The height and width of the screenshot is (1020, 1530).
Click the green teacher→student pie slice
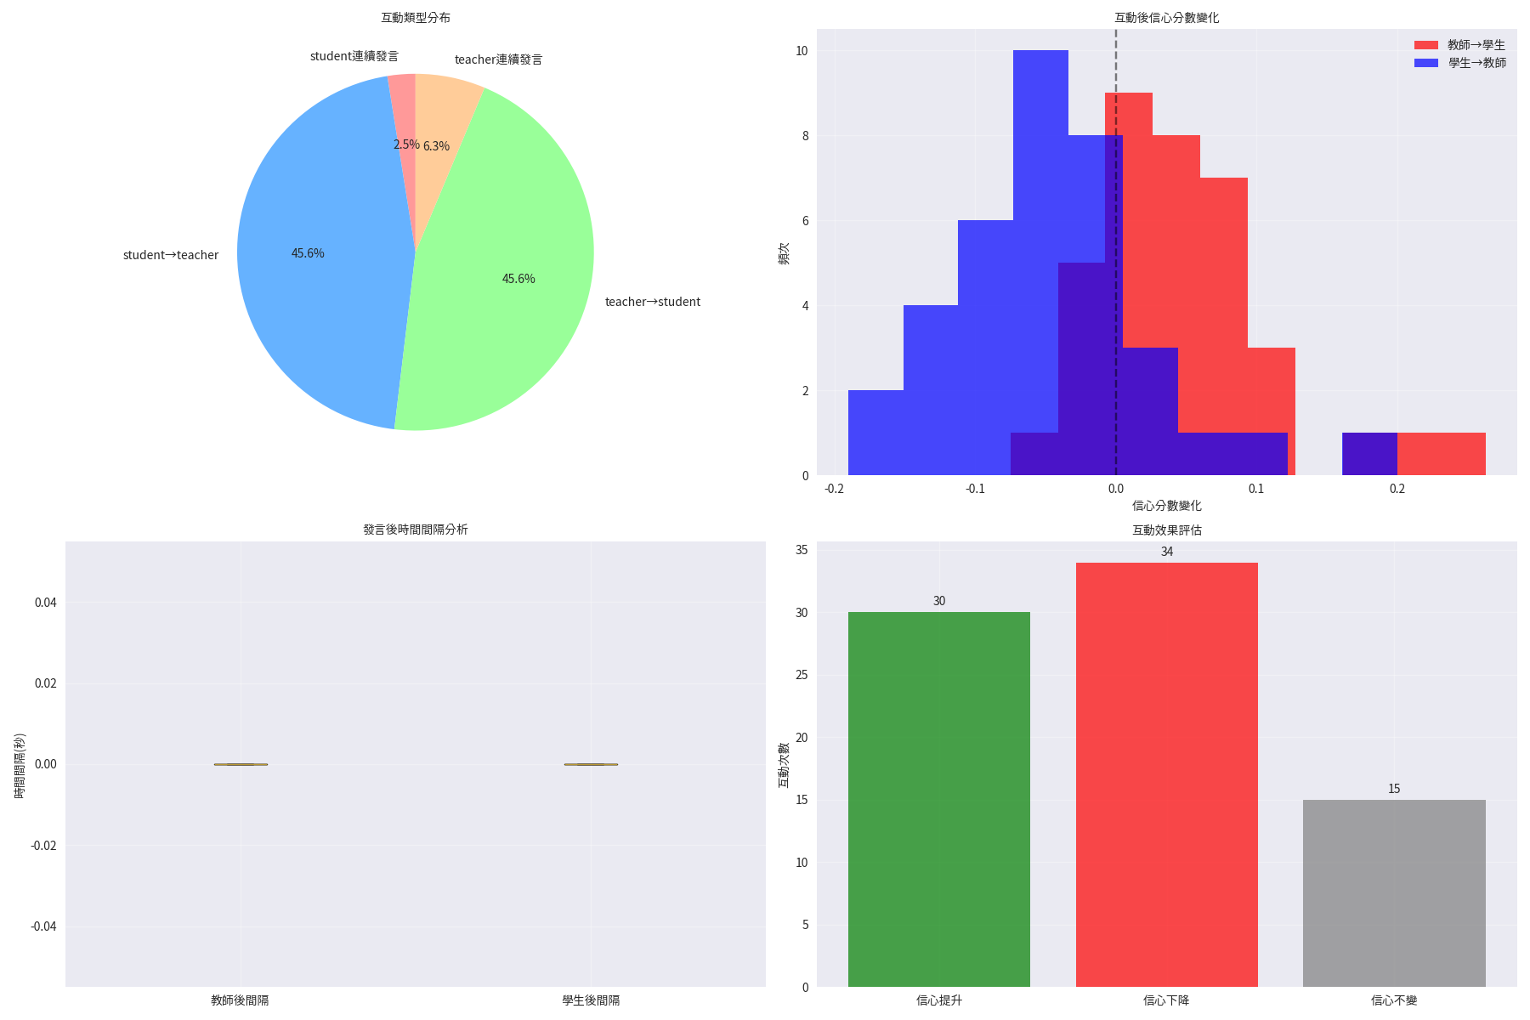(510, 280)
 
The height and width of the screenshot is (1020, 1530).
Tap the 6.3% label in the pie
(436, 146)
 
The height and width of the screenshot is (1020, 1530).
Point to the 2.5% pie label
(406, 144)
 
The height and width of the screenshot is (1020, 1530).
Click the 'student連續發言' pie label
(354, 56)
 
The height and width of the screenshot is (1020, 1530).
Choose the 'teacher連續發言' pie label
(498, 59)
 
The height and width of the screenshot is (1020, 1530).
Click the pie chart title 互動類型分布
(416, 18)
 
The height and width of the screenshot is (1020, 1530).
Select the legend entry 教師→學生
(1476, 45)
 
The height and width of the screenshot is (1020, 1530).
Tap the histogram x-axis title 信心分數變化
(1166, 506)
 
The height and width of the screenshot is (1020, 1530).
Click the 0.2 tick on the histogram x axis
(1397, 489)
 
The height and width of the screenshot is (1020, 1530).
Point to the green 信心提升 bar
(939, 799)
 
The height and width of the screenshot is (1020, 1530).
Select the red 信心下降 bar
(1166, 773)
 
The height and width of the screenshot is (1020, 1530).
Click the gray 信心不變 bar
(1394, 892)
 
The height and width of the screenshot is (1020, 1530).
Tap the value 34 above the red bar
(1167, 552)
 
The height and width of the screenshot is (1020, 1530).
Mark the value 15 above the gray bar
(1394, 789)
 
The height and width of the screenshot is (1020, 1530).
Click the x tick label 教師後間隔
(240, 1000)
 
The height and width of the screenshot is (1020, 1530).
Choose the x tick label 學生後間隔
(591, 1000)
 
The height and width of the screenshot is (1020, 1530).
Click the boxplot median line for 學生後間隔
(591, 764)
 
